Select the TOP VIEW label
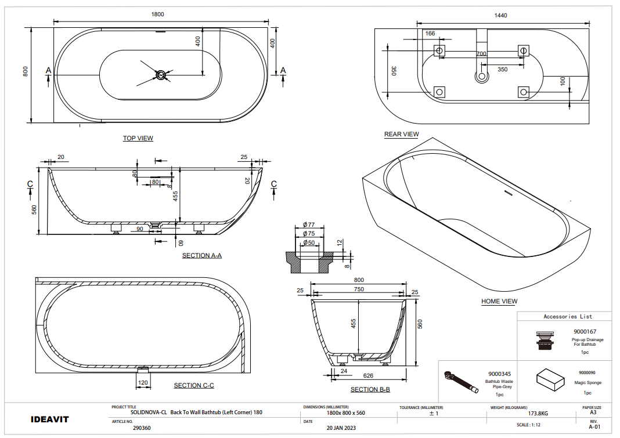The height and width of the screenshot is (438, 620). coord(138,138)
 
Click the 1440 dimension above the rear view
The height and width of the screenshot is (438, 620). coord(500,16)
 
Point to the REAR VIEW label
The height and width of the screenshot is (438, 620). coord(401,135)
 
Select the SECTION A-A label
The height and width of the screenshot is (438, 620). coord(201,255)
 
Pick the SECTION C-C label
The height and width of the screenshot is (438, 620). coord(194,386)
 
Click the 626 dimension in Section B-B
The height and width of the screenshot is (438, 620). coord(367,375)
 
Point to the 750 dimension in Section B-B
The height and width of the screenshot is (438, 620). coord(359,289)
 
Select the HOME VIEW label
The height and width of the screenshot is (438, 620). coord(499,302)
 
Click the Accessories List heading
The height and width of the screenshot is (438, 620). coord(568,316)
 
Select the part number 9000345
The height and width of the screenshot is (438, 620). coord(499,374)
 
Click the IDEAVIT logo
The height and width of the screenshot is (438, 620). coord(49,419)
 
